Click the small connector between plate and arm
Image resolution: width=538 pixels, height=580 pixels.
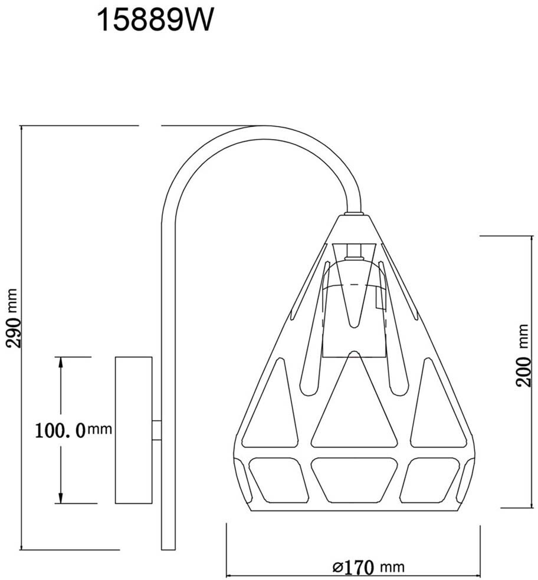pyautogui.click(x=157, y=430)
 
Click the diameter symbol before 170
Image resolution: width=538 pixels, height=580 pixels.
pyautogui.click(x=338, y=568)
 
